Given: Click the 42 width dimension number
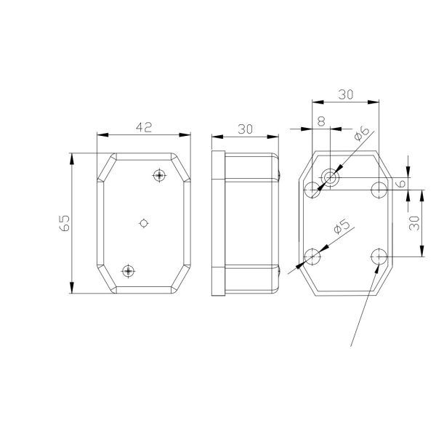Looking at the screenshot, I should (x=143, y=127).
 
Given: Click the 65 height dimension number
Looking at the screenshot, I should (x=64, y=223).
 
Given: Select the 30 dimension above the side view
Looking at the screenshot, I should (x=245, y=129).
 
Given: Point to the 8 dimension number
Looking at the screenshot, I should (x=321, y=122).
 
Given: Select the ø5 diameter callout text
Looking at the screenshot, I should (x=341, y=227).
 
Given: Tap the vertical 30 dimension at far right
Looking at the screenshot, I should (x=413, y=223).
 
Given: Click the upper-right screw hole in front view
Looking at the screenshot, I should (x=159, y=175).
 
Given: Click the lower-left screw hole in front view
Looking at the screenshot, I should (x=129, y=270).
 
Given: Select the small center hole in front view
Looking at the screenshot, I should (x=144, y=222).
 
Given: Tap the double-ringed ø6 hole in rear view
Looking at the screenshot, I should (x=331, y=177).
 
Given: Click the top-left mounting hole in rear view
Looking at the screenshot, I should (x=312, y=190).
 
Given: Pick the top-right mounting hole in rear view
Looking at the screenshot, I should (x=378, y=190).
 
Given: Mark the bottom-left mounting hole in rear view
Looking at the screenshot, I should (x=312, y=256).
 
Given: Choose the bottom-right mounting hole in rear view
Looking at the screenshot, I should (x=378, y=256).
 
